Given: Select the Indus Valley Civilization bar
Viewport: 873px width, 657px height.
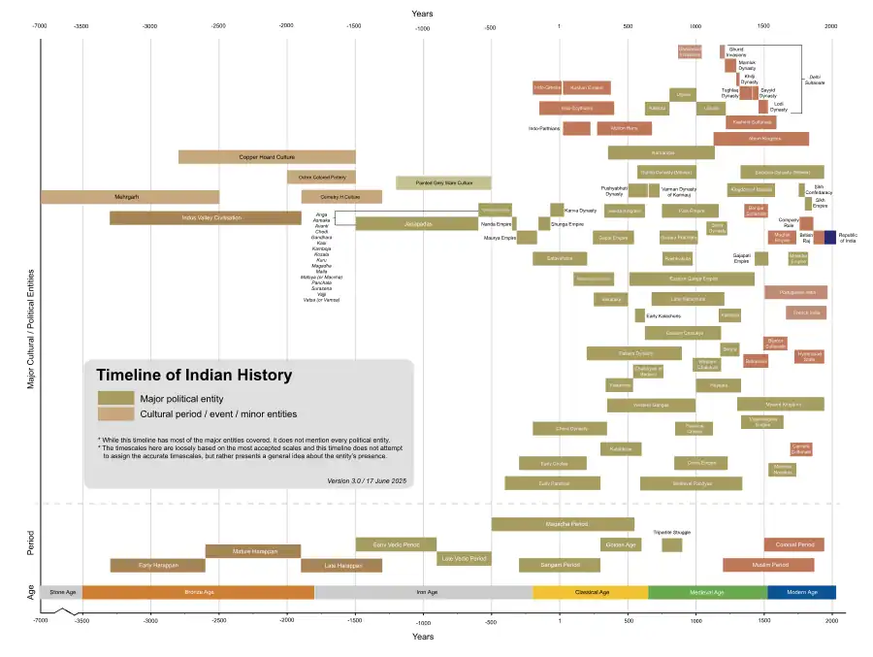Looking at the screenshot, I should [x=206, y=217].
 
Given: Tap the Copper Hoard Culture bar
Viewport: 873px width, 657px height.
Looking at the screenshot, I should [x=267, y=156].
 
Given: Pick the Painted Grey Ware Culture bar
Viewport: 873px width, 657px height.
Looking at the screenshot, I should [x=443, y=182].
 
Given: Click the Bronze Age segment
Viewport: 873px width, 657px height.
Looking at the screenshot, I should [x=198, y=592].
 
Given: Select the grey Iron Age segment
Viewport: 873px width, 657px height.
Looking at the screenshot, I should [x=423, y=592].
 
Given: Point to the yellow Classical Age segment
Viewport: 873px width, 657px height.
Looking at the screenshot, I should [x=590, y=592].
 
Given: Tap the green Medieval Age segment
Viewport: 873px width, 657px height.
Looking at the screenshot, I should [x=707, y=592].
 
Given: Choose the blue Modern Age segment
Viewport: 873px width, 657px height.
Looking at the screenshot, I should [x=801, y=592].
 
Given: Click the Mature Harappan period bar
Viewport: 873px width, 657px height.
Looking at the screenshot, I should [x=253, y=551].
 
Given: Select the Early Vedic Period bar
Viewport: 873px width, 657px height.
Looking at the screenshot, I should [x=396, y=544].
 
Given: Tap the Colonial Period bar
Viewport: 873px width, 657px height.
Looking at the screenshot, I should [x=794, y=544].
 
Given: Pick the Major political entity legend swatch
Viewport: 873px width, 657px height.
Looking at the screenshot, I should [x=115, y=398].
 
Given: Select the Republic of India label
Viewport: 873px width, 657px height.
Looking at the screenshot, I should [x=848, y=237].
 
